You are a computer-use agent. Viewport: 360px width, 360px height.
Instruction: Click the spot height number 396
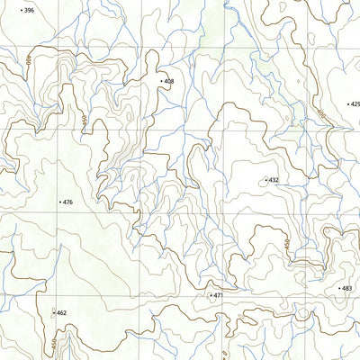point(29,10)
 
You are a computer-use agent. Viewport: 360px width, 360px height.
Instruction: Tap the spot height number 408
point(168,82)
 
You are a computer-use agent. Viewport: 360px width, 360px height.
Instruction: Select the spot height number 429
point(355,104)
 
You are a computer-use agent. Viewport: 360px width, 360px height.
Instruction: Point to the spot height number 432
point(274,180)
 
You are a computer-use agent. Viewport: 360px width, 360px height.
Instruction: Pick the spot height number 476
point(67,202)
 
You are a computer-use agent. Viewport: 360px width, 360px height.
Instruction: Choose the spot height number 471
point(217,295)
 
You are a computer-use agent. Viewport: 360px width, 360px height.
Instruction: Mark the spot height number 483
point(346,288)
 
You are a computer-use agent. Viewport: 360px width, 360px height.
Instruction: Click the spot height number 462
point(61,313)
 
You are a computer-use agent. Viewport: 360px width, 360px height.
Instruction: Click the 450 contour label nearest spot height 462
point(54,342)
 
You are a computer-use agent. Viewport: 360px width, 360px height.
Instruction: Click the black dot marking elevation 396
point(21,10)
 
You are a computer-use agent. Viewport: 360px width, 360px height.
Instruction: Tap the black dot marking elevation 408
point(161,82)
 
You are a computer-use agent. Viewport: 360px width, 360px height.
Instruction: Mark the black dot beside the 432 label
point(265,180)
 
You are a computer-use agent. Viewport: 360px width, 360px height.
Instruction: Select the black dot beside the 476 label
point(59,202)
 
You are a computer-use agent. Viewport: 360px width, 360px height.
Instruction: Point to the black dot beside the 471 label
point(209,295)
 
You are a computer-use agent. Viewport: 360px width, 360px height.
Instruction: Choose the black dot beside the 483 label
point(338,288)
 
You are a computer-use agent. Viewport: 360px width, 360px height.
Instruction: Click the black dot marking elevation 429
point(347,104)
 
